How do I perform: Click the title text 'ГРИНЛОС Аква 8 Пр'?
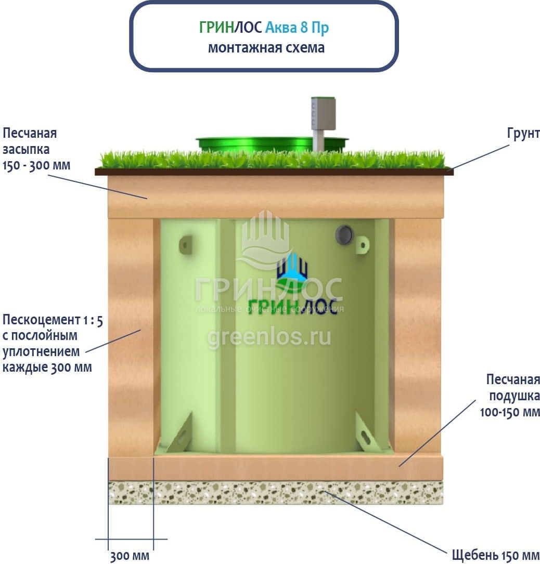pyautogui.click(x=264, y=28)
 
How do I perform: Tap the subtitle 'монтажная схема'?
pyautogui.click(x=266, y=48)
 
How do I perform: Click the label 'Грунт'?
pyautogui.click(x=523, y=134)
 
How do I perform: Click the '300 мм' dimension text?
pyautogui.click(x=130, y=556)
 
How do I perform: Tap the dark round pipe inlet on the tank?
pyautogui.click(x=344, y=235)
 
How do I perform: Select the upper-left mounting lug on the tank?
pyautogui.click(x=186, y=245)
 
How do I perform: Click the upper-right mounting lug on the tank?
pyautogui.click(x=362, y=244)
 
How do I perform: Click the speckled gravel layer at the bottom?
pyautogui.click(x=276, y=493)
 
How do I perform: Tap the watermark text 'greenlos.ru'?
pyautogui.click(x=269, y=337)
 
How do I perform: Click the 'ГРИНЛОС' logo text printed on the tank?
pyautogui.click(x=292, y=307)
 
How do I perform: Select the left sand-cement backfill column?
pyautogui.click(x=131, y=338)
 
